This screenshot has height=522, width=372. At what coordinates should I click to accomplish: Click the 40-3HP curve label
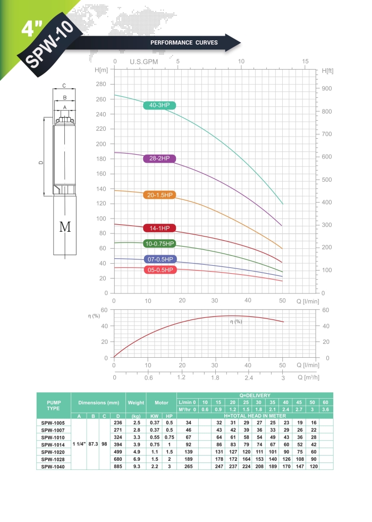(159, 105)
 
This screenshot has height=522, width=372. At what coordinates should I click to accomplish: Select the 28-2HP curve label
(159, 159)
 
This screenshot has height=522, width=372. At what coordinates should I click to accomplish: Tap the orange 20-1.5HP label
(159, 195)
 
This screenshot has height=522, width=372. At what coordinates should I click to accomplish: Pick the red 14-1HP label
(159, 228)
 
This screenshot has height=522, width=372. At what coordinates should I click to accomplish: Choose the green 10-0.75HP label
(159, 244)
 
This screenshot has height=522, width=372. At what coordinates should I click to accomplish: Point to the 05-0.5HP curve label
(159, 270)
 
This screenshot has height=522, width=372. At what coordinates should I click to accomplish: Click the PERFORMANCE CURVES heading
(184, 43)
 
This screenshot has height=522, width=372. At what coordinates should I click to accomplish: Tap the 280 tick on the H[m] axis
(102, 85)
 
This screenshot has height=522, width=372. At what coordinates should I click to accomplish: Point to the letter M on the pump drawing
(65, 227)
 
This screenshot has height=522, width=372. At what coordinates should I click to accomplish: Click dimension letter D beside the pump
(41, 163)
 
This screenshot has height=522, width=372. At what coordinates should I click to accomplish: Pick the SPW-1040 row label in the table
(53, 466)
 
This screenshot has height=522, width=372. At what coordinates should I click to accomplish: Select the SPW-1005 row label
(53, 423)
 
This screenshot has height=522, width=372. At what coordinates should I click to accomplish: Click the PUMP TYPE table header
(53, 406)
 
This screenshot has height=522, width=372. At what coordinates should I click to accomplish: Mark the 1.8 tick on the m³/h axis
(215, 377)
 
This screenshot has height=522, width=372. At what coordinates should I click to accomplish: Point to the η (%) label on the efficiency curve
(236, 322)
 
